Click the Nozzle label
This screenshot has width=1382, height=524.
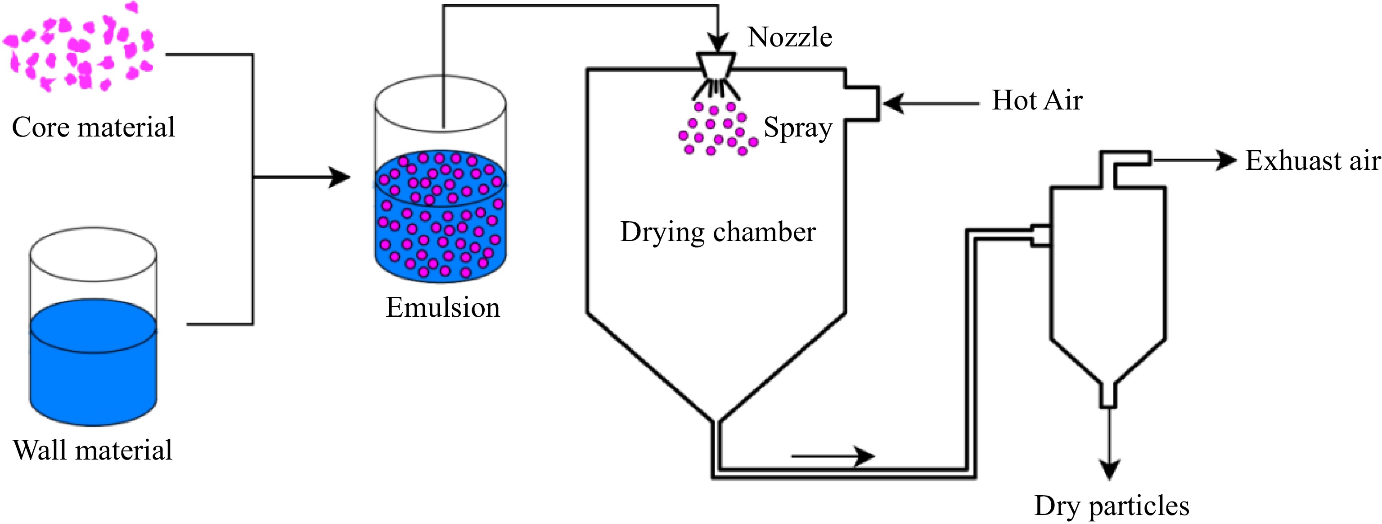(790, 37)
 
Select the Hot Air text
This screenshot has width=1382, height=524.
(1037, 100)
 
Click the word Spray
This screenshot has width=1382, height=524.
(798, 128)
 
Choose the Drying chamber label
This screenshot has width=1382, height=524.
(718, 232)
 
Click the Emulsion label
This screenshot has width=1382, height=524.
(443, 308)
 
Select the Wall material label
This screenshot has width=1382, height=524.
(92, 450)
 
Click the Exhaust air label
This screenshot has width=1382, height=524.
(1312, 161)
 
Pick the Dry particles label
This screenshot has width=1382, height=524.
(1112, 506)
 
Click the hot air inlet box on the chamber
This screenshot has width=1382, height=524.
(862, 104)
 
